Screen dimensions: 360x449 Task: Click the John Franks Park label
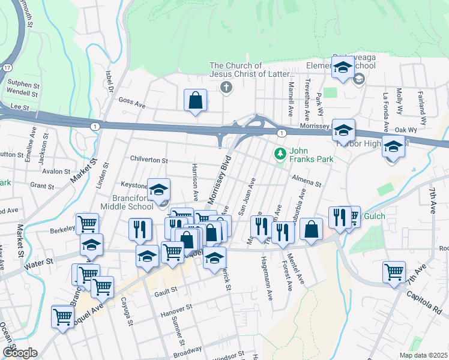(x=311, y=155)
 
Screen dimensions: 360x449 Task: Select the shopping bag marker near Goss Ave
(x=196, y=101)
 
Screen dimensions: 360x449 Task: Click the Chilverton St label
(x=149, y=160)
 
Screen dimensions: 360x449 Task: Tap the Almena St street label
(x=307, y=181)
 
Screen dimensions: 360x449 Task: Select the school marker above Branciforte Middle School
(x=158, y=190)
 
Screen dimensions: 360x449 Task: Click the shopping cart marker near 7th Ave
(x=394, y=272)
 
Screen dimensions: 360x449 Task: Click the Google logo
(x=20, y=352)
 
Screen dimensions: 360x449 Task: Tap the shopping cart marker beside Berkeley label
(x=88, y=224)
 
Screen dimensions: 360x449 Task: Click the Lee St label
(x=20, y=106)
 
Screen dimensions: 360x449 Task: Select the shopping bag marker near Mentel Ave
(x=312, y=229)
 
